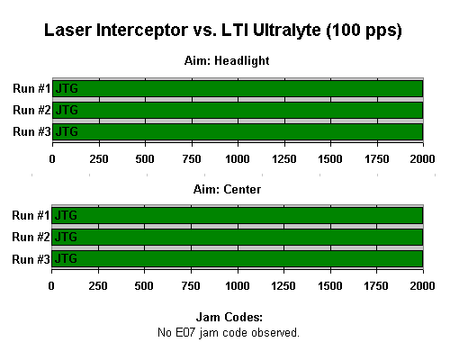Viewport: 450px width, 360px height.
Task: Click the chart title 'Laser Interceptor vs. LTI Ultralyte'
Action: click(183, 31)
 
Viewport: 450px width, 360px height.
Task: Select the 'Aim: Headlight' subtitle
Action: click(227, 61)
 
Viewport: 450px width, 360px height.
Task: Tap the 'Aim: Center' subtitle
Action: click(227, 189)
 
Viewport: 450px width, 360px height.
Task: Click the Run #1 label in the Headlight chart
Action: click(31, 88)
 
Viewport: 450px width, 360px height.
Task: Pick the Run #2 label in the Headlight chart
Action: click(31, 110)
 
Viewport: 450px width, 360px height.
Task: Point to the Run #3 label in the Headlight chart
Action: click(31, 131)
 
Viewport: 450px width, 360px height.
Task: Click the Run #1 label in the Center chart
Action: click(31, 215)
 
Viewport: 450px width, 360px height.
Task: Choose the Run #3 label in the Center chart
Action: click(31, 259)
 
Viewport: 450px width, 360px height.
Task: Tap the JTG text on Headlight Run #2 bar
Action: click(67, 110)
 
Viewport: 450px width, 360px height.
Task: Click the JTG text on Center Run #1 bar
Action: click(66, 215)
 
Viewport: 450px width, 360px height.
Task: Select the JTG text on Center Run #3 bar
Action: click(66, 258)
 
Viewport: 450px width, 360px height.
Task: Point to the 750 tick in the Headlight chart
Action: click(192, 158)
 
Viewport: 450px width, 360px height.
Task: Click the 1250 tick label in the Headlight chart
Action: click(284, 158)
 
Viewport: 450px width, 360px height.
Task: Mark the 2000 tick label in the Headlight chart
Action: click(422, 158)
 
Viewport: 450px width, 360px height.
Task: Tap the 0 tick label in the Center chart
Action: click(51, 286)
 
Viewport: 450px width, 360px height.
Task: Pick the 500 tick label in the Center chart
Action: click(144, 286)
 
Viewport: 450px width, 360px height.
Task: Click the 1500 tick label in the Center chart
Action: click(329, 286)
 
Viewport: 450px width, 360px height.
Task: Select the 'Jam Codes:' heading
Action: click(229, 317)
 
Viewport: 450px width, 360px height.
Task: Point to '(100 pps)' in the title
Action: click(364, 31)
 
